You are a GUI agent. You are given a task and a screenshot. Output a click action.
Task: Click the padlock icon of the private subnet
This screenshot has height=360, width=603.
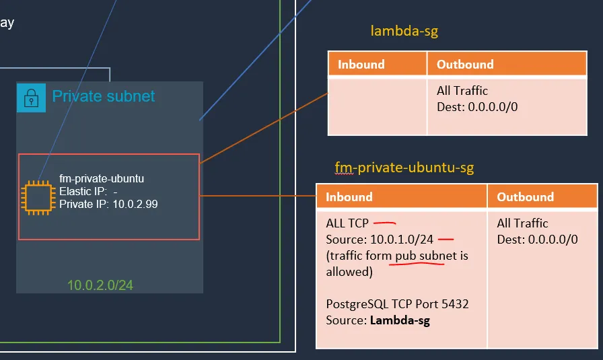[x=31, y=98]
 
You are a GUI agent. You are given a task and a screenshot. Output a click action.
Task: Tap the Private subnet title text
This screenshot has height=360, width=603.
[x=104, y=96]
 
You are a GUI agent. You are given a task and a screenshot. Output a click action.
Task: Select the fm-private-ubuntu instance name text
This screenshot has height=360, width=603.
[x=102, y=179]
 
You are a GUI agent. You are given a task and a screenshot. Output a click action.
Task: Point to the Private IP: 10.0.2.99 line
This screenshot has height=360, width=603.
[x=108, y=204]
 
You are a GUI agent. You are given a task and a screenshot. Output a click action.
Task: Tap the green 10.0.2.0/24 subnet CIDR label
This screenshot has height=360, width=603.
[x=100, y=285]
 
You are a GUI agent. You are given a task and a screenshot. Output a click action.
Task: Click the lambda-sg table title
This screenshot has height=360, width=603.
[x=404, y=31]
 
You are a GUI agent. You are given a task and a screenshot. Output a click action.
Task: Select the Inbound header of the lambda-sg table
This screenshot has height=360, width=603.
[x=361, y=65]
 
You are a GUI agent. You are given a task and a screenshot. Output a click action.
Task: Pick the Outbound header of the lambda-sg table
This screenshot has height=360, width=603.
[x=465, y=65]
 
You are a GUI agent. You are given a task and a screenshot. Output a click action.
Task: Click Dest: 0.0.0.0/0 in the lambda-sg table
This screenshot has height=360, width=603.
[x=477, y=106]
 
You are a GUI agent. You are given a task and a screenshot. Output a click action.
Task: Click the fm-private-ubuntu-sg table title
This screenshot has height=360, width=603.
[x=404, y=168]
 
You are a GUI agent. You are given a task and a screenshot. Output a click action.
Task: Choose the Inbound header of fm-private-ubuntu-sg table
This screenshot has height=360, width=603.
[x=349, y=197]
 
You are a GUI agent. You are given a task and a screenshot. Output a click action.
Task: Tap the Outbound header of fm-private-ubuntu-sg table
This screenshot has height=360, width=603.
[x=526, y=197]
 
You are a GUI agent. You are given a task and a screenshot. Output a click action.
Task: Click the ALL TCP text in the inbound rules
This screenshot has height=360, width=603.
[x=347, y=223]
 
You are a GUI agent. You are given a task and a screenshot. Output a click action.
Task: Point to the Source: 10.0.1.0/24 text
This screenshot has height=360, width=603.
[x=380, y=239]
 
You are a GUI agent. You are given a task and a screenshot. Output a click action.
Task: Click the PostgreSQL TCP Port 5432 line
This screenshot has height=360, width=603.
[x=397, y=304]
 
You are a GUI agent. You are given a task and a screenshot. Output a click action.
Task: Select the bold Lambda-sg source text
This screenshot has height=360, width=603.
[x=400, y=320]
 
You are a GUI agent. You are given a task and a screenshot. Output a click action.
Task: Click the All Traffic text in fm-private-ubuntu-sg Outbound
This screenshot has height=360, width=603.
[x=523, y=223]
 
